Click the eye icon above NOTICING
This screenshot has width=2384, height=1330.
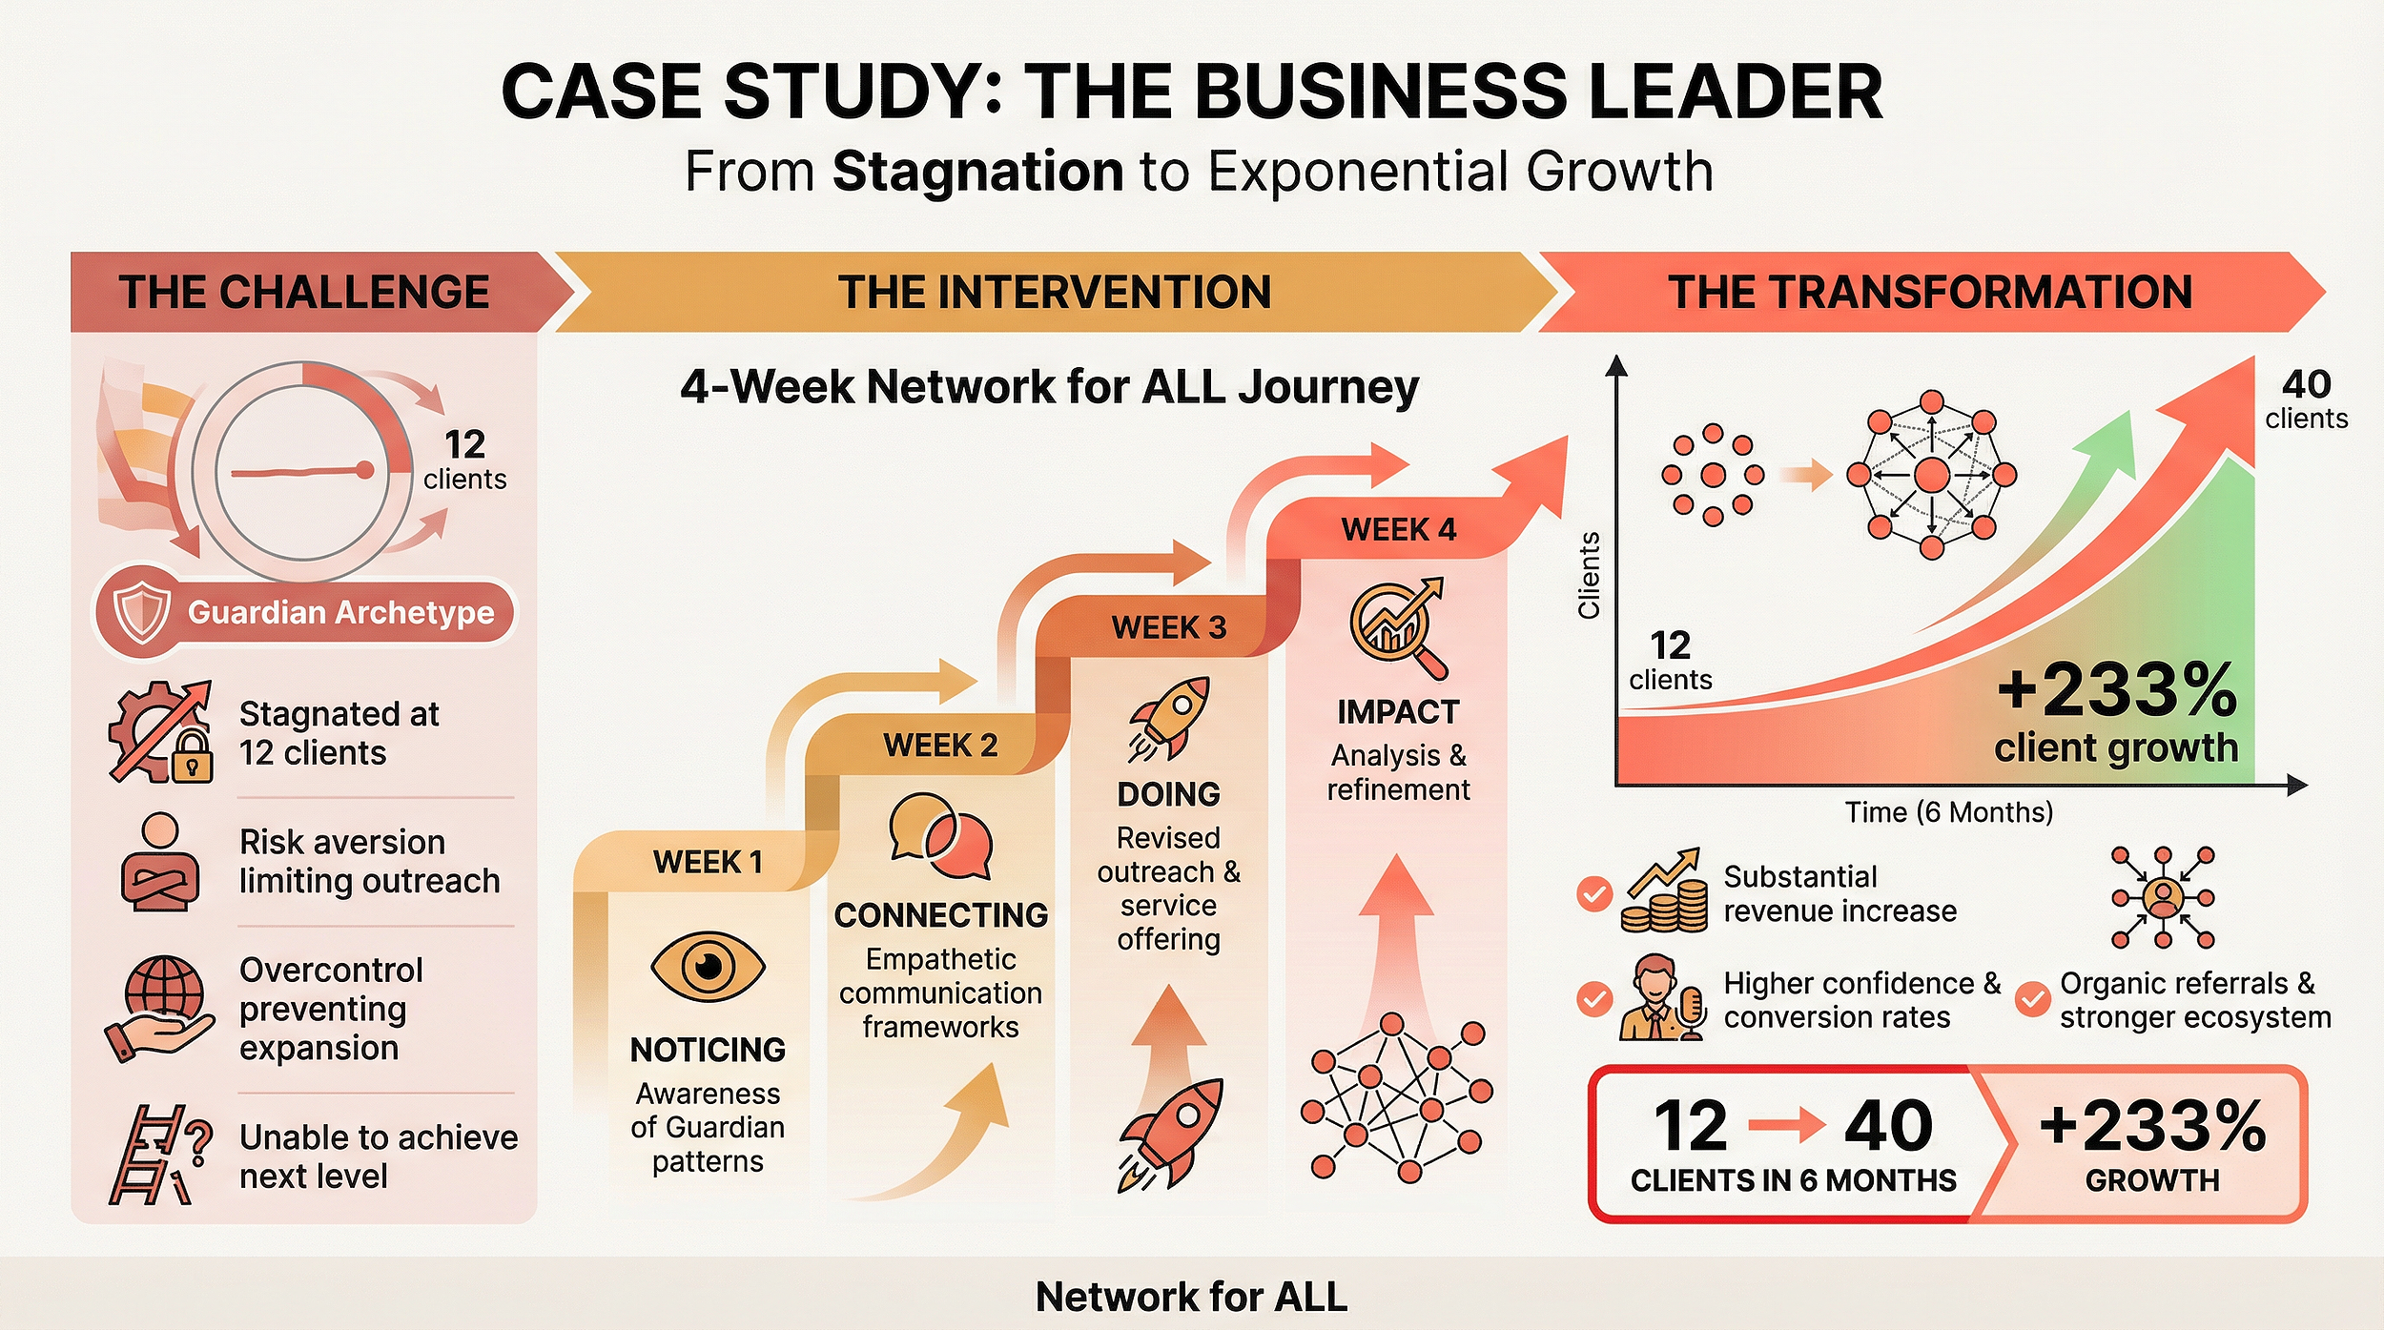708,967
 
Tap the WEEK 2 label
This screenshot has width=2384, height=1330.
940,745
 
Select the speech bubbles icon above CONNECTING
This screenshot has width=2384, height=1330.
940,836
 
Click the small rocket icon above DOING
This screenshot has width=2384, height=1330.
1169,718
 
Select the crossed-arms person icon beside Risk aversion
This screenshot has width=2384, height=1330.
160,862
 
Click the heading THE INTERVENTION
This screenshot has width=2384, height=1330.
1054,292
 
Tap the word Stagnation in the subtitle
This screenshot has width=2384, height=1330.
977,172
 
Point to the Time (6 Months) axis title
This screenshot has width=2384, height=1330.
1948,812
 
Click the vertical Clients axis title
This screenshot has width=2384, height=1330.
1589,575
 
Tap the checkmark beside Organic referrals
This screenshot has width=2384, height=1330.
2032,999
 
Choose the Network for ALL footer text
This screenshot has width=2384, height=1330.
1191,1297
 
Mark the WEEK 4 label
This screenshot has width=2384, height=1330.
1398,529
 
